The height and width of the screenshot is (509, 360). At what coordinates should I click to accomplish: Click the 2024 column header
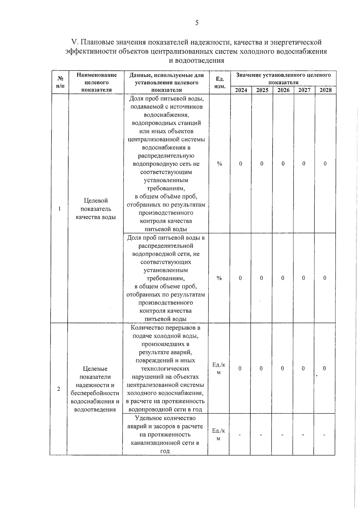click(x=241, y=90)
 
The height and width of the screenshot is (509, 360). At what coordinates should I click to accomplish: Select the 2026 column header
click(x=283, y=90)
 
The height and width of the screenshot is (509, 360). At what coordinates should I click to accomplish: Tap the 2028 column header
click(x=325, y=90)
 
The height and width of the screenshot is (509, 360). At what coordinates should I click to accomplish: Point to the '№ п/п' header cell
click(x=60, y=82)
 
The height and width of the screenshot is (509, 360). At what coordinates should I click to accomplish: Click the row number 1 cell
click(x=59, y=209)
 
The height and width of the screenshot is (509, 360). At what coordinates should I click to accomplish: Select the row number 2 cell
click(x=59, y=389)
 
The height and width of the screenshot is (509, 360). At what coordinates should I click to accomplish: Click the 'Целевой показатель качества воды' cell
click(x=96, y=209)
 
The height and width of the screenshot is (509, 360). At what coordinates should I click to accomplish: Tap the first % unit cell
click(x=220, y=164)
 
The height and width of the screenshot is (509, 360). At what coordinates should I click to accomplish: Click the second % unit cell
click(x=219, y=278)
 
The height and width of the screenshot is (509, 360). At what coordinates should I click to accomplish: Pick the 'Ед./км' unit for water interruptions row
click(x=219, y=368)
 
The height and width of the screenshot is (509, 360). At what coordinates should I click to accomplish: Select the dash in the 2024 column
click(x=240, y=435)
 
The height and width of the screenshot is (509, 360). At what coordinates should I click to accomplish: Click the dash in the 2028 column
click(x=324, y=435)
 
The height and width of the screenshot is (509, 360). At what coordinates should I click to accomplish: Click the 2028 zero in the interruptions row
click(x=324, y=368)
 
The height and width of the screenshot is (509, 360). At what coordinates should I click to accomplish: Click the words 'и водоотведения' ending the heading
click(x=196, y=61)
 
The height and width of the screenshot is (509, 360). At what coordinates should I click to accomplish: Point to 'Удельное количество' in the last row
click(x=165, y=418)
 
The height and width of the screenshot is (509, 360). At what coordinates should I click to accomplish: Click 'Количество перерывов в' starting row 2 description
click(x=166, y=328)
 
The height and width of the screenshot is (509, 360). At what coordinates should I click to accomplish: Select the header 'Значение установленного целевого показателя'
click(x=283, y=79)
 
